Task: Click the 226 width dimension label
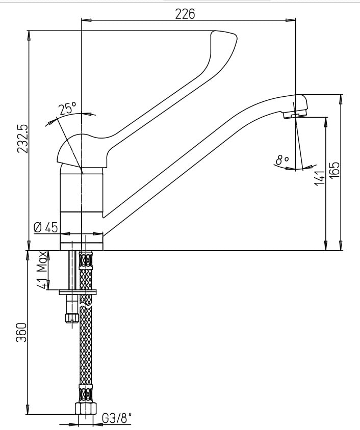coord(185,14)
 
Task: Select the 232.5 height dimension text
coord(22,139)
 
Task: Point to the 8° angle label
coord(282,159)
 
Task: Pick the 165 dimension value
coord(334,170)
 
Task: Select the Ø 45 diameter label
coord(46,227)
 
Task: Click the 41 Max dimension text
coord(42,270)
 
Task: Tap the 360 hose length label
coord(21,332)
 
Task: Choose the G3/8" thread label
coord(117,418)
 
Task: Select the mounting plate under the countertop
coord(78,292)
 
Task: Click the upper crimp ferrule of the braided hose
coord(86,260)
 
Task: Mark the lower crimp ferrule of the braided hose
coord(86,393)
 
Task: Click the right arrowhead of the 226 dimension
coord(291,20)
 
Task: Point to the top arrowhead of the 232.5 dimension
coord(29,36)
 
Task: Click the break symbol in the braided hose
coord(86,304)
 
